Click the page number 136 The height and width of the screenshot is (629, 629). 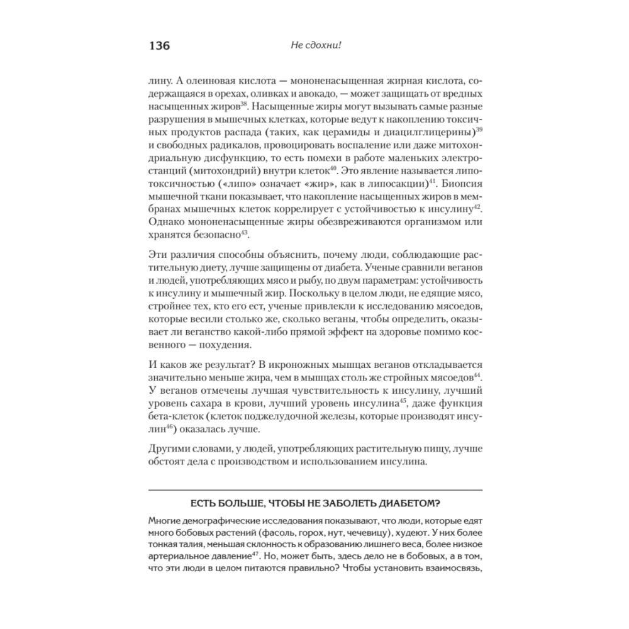(159, 46)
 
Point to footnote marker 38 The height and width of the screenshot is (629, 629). (245, 104)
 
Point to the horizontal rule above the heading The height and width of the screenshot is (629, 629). (314, 489)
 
